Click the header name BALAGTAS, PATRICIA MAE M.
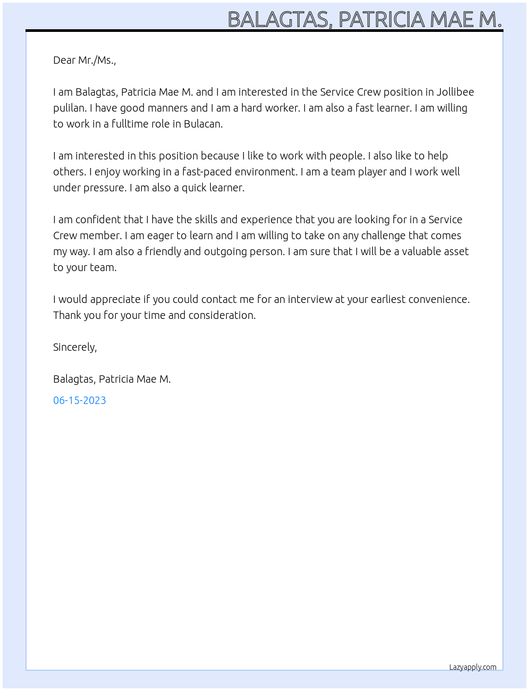364,19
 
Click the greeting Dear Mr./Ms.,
84,60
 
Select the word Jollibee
455,92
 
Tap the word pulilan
70,108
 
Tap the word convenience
439,299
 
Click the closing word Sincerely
74,347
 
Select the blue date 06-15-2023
80,400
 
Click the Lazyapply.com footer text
473,667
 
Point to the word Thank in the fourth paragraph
67,315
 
